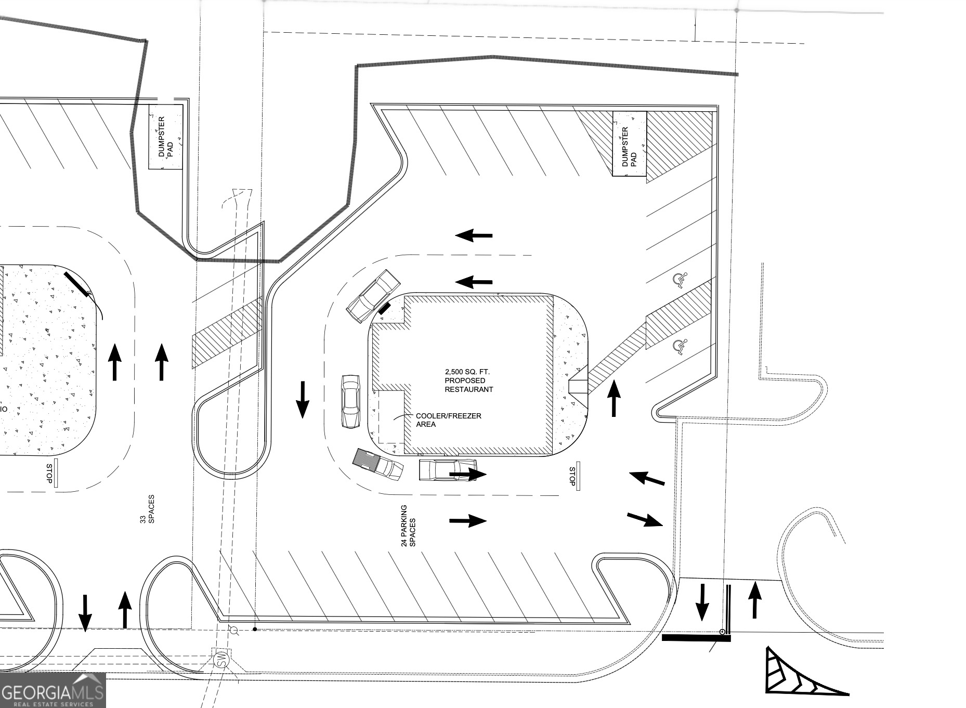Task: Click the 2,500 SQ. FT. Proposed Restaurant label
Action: pos(468,381)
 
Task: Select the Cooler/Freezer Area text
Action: pos(448,420)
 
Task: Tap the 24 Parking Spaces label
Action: pos(409,526)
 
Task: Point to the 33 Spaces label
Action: pos(147,509)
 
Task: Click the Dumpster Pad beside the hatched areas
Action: pos(629,144)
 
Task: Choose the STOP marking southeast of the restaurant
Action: pos(573,476)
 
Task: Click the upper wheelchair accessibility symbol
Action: pos(680,280)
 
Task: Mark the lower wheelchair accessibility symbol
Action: pos(680,346)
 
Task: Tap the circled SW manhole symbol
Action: pos(221,661)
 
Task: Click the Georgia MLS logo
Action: pos(53,690)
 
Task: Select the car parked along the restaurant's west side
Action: pos(350,401)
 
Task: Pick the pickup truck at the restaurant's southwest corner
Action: pos(378,464)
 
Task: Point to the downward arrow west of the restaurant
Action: pos(303,399)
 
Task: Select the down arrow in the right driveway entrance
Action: pos(702,602)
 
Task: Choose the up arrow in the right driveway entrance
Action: pos(754,600)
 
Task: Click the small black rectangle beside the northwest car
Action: pos(384,309)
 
